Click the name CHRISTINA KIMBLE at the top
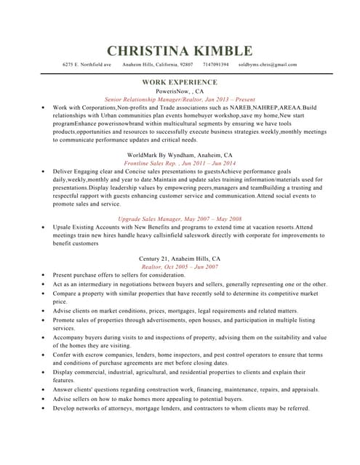click(180, 51)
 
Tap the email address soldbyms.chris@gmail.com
click(268, 65)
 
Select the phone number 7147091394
click(216, 65)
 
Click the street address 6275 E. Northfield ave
click(87, 65)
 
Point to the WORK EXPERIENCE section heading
click(180, 83)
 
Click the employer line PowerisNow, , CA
click(180, 92)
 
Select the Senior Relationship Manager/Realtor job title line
click(180, 100)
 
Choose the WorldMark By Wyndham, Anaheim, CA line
click(180, 155)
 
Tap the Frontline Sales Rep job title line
click(180, 163)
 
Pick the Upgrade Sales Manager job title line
click(180, 219)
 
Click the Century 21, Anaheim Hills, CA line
click(180, 259)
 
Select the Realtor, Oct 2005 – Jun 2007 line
click(180, 267)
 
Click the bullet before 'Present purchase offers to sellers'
click(44, 276)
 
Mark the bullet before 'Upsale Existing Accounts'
click(44, 227)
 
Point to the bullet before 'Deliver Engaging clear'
click(44, 171)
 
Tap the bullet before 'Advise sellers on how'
click(44, 399)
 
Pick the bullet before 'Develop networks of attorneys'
click(44, 408)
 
